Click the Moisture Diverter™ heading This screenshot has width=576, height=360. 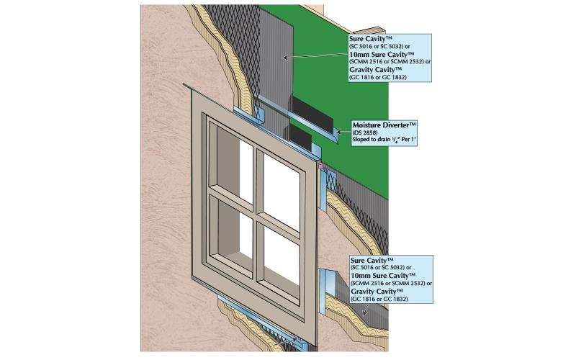[x=384, y=125]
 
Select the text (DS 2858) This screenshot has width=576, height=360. [x=362, y=132]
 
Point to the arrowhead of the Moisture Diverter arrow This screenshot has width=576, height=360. [x=338, y=132]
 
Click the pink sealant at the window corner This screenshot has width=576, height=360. [x=320, y=166]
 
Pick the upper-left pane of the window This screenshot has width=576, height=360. [x=235, y=164]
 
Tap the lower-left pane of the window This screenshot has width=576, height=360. [x=235, y=231]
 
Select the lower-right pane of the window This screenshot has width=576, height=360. [x=282, y=257]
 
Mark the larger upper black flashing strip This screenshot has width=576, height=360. [x=312, y=113]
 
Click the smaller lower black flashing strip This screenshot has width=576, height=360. [x=300, y=137]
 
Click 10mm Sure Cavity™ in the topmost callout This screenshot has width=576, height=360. [x=380, y=55]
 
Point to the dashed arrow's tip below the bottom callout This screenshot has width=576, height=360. [x=364, y=314]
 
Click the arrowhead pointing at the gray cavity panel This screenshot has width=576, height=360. [x=284, y=57]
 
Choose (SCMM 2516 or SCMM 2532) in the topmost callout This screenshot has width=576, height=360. [x=390, y=62]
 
